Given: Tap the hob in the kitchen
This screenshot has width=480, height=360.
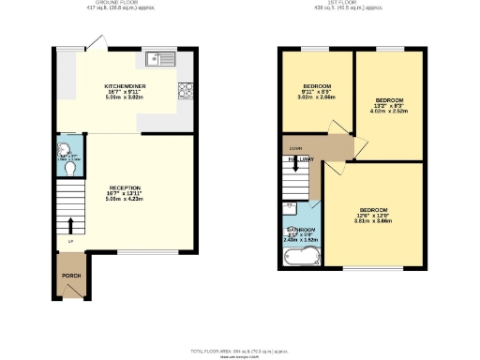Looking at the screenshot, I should click(x=185, y=91).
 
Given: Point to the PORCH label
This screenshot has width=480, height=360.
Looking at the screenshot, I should click(x=71, y=276).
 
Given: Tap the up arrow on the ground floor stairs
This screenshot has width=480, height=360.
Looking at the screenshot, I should click(x=71, y=225).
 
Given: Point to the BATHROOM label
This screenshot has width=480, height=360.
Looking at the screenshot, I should click(x=301, y=229).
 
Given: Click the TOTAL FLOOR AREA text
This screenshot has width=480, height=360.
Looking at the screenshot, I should click(x=240, y=350).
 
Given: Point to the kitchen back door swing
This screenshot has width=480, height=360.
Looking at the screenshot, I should click(x=92, y=43).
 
